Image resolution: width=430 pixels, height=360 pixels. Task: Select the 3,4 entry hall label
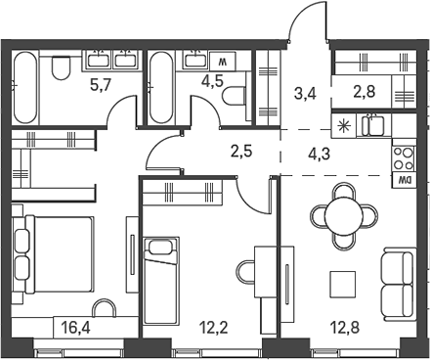(x=303, y=94)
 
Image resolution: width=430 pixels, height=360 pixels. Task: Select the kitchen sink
(x=372, y=126)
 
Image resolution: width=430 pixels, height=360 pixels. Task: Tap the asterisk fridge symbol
(x=344, y=125)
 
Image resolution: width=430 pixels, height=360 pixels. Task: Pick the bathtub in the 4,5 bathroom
(x=162, y=86)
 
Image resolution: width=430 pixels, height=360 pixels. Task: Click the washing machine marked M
(x=222, y=62)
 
